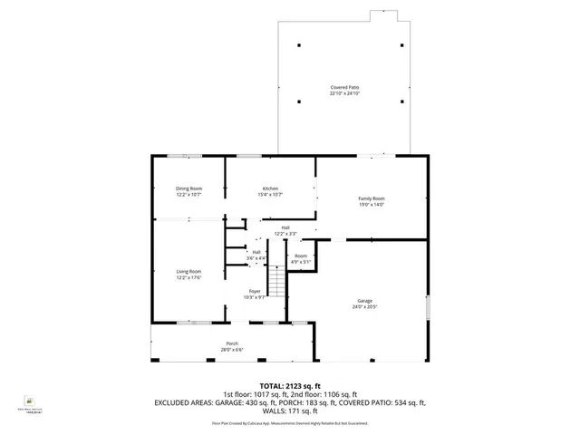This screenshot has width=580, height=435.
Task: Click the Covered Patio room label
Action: tap(344, 87)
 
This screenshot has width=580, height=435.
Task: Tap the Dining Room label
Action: tap(188, 188)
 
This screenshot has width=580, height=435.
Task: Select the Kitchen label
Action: tap(270, 188)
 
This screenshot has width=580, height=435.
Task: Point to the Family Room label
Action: tap(372, 198)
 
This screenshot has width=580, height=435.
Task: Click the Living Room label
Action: tap(188, 271)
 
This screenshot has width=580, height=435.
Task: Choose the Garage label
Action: tap(364, 300)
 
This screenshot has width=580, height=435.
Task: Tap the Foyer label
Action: tap(255, 291)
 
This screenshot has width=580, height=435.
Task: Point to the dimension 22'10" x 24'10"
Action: tap(344, 93)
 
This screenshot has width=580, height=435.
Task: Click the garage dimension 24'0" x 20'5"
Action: tap(364, 306)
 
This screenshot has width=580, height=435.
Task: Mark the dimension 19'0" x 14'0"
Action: tap(372, 205)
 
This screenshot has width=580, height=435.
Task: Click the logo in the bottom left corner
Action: tap(29, 399)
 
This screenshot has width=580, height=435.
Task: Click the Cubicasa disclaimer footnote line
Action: tap(289, 422)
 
